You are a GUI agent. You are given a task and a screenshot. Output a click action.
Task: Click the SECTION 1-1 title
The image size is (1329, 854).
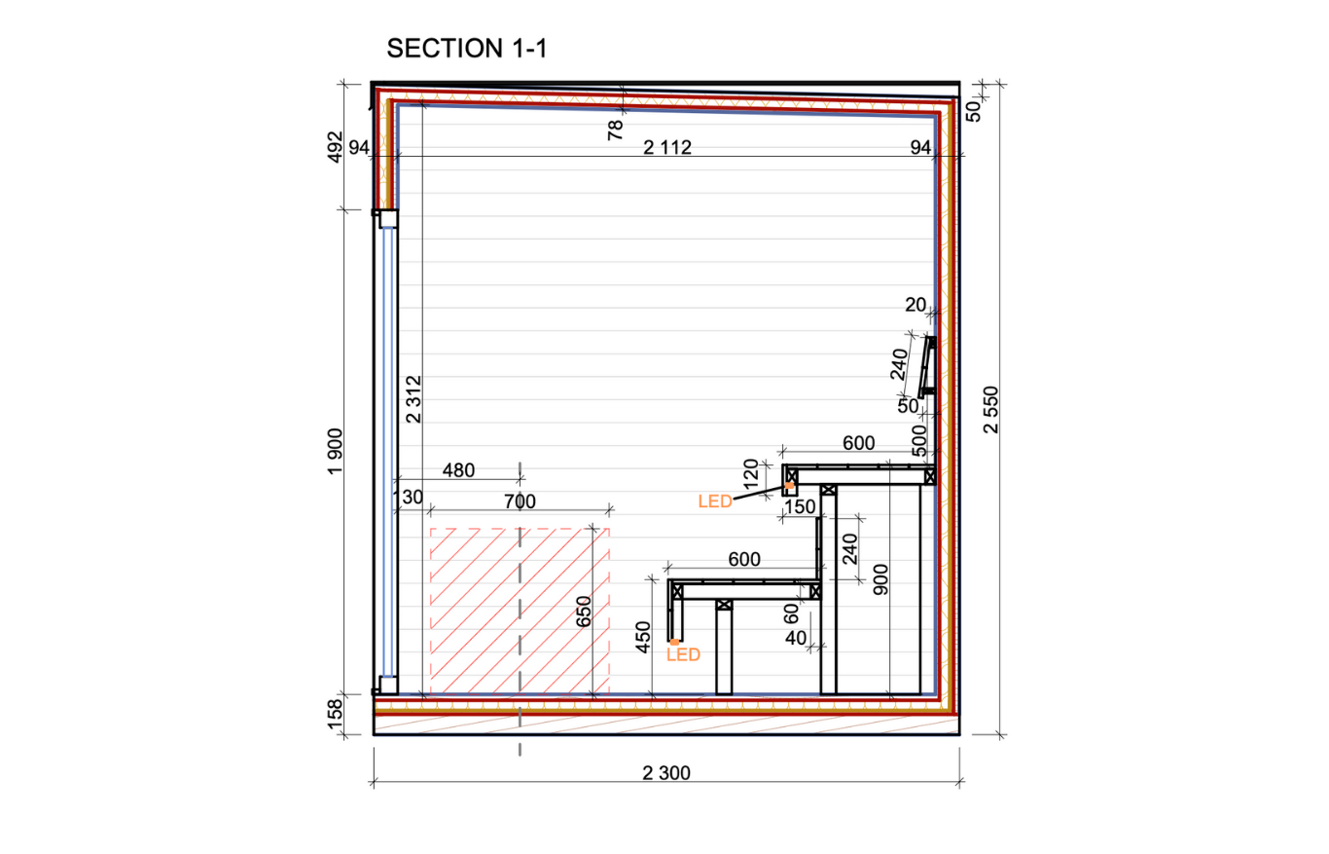pos(466,48)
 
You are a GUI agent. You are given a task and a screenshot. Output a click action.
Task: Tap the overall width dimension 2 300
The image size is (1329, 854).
pos(666,772)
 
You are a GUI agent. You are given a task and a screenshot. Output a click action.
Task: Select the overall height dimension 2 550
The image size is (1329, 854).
pos(990,410)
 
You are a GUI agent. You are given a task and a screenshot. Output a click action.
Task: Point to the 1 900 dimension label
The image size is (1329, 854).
pos(336,452)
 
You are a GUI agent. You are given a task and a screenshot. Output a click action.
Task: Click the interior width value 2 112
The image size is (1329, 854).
pos(667,147)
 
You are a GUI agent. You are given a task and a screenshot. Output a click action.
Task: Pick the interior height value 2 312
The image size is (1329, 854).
pos(413,399)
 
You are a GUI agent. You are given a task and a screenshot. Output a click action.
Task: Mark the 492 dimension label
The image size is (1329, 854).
pos(336,147)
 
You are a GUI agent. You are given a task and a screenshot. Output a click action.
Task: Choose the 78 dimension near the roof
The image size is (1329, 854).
pos(615,130)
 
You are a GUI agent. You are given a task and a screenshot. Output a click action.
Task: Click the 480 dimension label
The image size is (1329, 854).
pos(458,470)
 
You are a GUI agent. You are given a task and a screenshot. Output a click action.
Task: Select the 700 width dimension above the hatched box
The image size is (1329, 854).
pos(520,501)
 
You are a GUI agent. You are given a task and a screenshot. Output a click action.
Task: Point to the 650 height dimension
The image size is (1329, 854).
pos(584,612)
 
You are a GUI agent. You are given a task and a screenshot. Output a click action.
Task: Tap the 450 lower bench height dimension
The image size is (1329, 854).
pos(643,637)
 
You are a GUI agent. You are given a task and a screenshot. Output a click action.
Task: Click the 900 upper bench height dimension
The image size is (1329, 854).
pos(881,579)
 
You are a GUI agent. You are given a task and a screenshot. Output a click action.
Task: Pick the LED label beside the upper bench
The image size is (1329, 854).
pos(715,501)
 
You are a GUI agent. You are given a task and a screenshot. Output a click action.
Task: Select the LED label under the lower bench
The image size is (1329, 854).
pos(684,655)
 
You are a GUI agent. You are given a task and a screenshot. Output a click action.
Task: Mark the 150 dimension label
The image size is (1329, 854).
pos(800,506)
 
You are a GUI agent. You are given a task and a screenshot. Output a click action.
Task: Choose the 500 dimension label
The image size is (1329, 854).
pos(918,441)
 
